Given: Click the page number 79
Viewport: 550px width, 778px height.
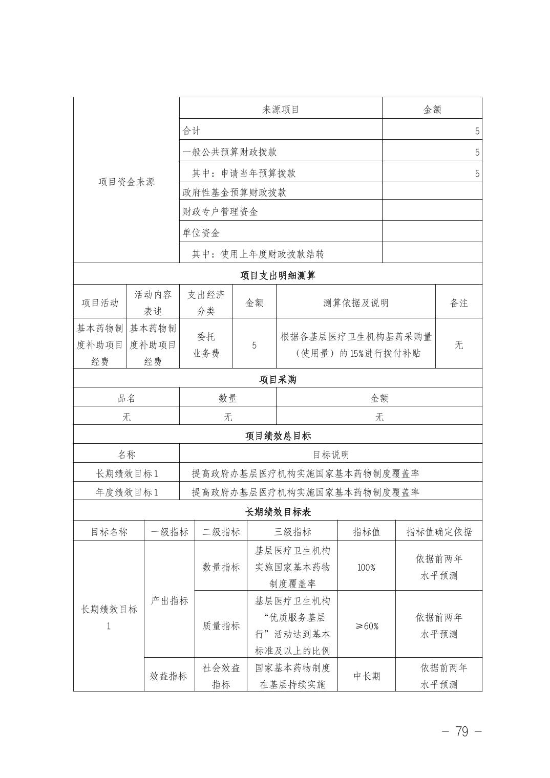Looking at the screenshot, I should click(461, 731).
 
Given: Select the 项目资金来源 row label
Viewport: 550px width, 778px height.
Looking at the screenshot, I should click(126, 182).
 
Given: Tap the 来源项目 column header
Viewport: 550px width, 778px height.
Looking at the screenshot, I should click(281, 109).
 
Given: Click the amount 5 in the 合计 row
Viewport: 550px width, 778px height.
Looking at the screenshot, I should click(477, 131).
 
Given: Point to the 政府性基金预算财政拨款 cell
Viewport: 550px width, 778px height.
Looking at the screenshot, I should click(235, 192).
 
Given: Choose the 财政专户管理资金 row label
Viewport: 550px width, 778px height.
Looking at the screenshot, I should click(220, 211).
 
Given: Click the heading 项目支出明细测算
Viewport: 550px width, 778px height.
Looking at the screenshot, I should click(278, 275).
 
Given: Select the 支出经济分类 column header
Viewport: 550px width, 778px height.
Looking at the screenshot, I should click(206, 302).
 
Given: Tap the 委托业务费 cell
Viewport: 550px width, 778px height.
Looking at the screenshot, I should click(206, 344).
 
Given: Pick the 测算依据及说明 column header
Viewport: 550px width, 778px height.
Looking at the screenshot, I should click(355, 302).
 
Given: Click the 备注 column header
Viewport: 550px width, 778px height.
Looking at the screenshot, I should click(459, 302).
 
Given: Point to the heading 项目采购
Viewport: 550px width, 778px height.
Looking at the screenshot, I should click(278, 379).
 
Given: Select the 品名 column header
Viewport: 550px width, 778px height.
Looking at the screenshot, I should click(126, 398).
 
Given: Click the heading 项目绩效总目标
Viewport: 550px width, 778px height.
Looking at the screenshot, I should click(278, 436).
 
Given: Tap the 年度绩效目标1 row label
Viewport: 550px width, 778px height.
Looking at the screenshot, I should click(126, 492).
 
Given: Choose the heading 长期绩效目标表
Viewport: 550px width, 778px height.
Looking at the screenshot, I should click(278, 512).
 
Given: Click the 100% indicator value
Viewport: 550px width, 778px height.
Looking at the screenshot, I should click(366, 567).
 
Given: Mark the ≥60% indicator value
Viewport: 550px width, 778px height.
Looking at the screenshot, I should click(366, 626).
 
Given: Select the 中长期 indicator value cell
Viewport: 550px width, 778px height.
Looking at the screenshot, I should click(366, 676).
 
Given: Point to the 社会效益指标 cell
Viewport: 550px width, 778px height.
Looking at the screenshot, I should click(221, 676).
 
